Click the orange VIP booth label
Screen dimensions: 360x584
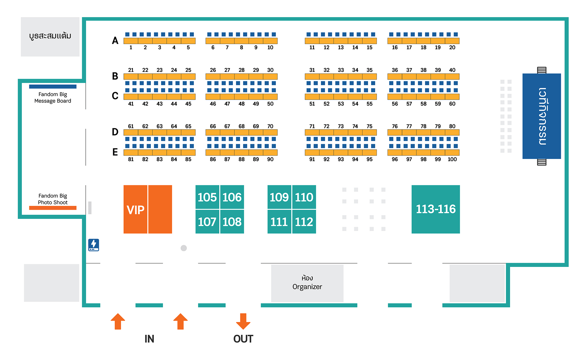tap(136, 210)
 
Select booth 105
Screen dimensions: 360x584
tap(207, 197)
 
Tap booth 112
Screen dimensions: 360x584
tap(304, 222)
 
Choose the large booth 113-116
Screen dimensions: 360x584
tap(436, 209)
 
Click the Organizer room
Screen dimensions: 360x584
tap(307, 283)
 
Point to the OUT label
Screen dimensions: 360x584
tap(243, 339)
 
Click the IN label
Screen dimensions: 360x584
tap(149, 339)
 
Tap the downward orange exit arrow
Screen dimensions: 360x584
tap(243, 321)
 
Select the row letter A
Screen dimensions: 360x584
tap(115, 40)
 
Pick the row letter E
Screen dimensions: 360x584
tap(115, 152)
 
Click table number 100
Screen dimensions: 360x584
tap(452, 159)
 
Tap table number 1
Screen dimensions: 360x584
tap(131, 47)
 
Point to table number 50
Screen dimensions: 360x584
tap(270, 104)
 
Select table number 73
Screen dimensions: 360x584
tap(341, 126)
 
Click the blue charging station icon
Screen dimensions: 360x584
tap(94, 245)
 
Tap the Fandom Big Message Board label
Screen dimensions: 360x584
tap(53, 98)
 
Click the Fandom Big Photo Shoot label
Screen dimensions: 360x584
tap(53, 199)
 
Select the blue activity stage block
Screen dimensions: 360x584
tap(541, 116)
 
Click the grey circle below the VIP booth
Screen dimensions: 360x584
tap(184, 248)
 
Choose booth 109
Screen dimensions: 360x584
tap(279, 197)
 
